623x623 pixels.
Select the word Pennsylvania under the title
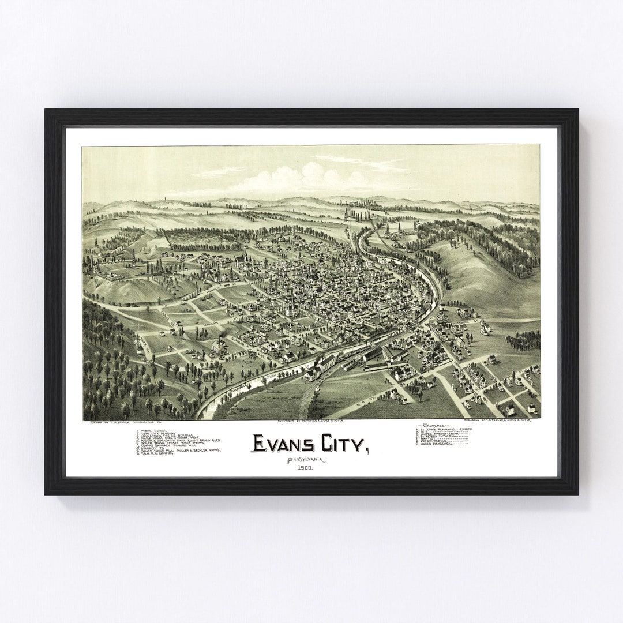coord(305,459)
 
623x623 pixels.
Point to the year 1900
coord(305,468)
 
